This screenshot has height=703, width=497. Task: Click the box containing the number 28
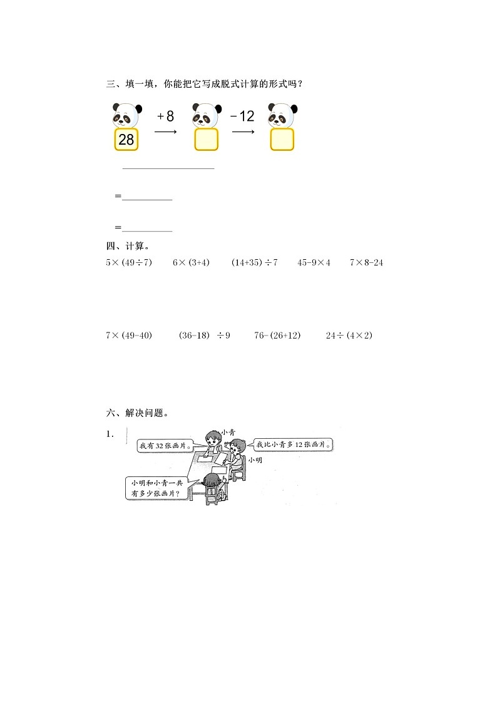[126, 140]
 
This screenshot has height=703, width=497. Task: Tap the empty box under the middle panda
[206, 140]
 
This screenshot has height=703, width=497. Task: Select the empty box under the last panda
[282, 140]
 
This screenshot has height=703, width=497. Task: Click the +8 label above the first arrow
[165, 116]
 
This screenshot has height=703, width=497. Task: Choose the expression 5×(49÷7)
[129, 262]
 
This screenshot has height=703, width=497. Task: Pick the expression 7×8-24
[366, 262]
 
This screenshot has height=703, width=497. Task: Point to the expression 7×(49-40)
[129, 336]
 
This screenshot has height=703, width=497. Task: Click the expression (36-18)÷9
[205, 336]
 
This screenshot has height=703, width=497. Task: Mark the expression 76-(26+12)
[277, 336]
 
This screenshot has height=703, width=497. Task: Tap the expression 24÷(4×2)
[349, 336]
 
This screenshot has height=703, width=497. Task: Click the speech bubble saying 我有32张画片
[164, 446]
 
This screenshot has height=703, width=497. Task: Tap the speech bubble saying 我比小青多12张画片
[293, 445]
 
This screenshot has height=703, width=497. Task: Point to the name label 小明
[255, 460]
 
